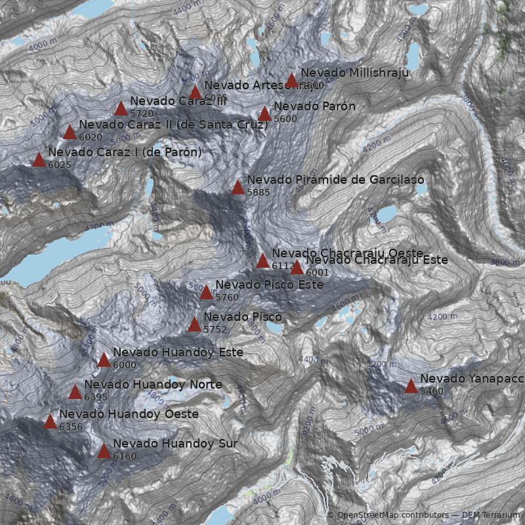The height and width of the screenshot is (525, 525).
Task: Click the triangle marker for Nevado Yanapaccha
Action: coord(411,386)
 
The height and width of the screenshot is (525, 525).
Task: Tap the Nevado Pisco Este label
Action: coord(269,285)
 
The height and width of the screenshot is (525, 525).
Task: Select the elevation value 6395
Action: coord(96,397)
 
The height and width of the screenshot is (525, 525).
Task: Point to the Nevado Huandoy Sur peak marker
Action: coord(104,451)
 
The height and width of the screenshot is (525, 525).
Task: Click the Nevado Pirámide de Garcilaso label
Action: coord(335,180)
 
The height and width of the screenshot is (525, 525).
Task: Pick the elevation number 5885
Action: coord(259,192)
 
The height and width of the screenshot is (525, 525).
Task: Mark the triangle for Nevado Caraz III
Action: coord(121,108)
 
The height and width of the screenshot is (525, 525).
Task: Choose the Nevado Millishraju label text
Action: coord(354,73)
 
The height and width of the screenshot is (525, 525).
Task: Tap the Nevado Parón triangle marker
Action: coord(264,114)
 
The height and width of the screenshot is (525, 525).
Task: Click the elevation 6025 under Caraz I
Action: coord(59,165)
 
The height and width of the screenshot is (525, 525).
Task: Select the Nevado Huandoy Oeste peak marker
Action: coord(50,421)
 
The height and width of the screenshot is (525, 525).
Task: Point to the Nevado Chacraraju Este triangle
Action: coord(297,267)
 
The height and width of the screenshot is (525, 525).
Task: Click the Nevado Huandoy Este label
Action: coord(178,352)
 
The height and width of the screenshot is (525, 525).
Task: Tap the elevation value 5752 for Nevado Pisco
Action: coord(215,329)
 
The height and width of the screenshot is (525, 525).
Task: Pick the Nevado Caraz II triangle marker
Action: coord(70,132)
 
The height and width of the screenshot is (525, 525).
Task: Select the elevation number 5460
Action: coord(432,391)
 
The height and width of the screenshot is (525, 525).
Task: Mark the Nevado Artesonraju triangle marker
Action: coord(195,92)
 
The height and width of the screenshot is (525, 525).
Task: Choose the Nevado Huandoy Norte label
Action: coord(153,384)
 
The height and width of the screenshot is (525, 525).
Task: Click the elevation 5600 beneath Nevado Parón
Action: coord(285,119)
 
